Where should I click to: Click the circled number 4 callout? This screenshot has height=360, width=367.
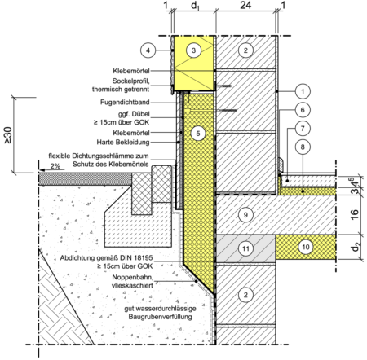(148, 50)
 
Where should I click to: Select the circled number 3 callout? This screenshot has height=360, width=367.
(193, 50)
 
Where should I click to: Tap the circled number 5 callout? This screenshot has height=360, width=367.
(198, 134)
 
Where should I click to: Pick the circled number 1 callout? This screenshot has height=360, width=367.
(303, 91)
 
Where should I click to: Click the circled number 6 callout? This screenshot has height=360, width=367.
(303, 110)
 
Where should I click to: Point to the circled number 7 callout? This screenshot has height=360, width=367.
(303, 129)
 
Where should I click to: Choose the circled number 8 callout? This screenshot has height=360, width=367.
(303, 147)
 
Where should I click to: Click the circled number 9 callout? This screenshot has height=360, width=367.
(245, 215)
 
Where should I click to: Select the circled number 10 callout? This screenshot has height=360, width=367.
(306, 247)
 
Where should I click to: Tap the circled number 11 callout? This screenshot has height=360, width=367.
(245, 248)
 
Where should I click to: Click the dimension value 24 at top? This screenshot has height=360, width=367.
(245, 5)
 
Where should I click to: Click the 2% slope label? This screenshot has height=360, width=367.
(55, 166)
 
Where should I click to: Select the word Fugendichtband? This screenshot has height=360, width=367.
(125, 103)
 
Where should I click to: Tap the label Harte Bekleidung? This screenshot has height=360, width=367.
(123, 142)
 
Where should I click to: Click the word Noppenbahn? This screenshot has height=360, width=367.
(133, 278)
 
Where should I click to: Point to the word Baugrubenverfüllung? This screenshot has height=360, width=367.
(160, 317)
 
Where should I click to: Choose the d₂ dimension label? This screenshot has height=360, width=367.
(356, 248)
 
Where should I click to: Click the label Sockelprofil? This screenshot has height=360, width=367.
(131, 81)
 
